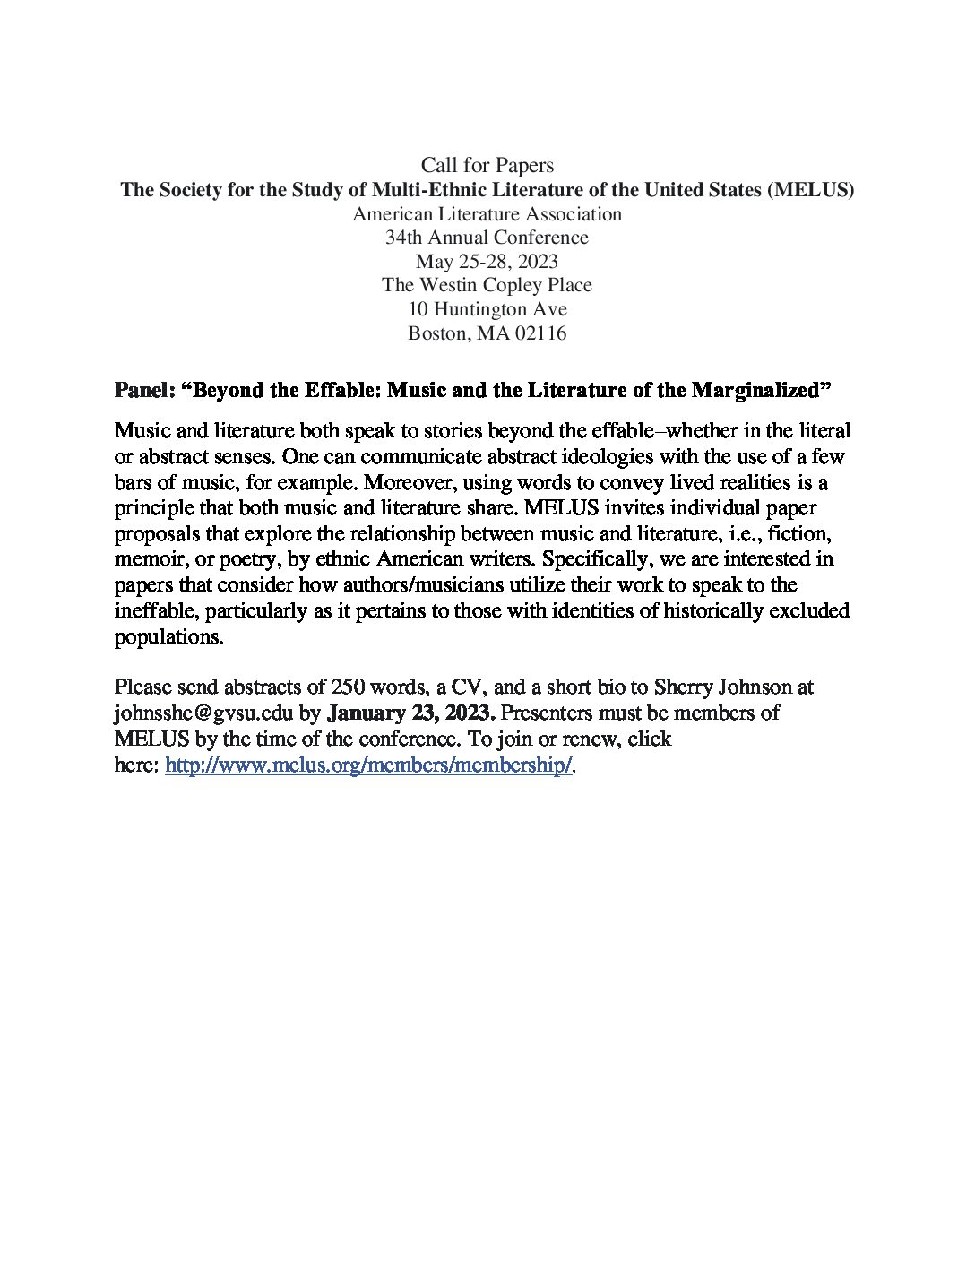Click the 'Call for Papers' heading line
tap(487, 166)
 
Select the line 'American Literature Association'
tap(487, 214)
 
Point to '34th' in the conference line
tap(404, 238)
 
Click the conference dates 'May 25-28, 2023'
tap(487, 262)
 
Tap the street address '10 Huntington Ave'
tap(487, 309)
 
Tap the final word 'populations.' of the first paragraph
tap(168, 637)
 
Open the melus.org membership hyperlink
tap(368, 766)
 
